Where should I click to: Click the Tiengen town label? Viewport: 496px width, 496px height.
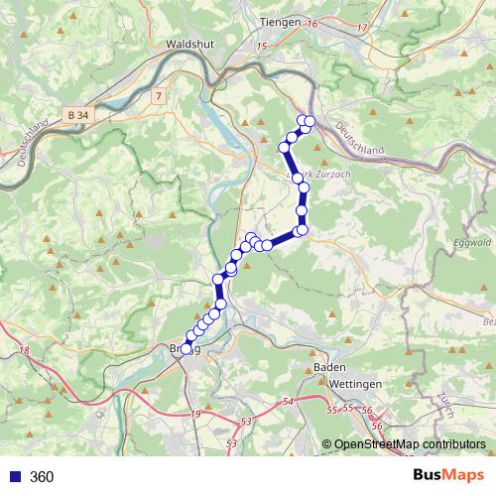tap(280, 21)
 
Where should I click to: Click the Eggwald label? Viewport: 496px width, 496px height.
tap(471, 241)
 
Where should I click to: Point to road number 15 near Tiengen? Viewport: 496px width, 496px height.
tap(262, 47)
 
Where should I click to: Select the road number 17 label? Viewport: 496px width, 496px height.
tap(361, 27)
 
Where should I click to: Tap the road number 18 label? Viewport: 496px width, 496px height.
tap(24, 352)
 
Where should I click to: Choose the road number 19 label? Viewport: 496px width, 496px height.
tap(196, 414)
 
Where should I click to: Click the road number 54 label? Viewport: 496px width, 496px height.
tap(288, 401)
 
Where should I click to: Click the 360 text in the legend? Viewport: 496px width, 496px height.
tap(42, 477)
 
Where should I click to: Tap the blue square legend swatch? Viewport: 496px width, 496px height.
tap(14, 477)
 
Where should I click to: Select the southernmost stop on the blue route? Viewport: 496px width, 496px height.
tap(186, 348)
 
